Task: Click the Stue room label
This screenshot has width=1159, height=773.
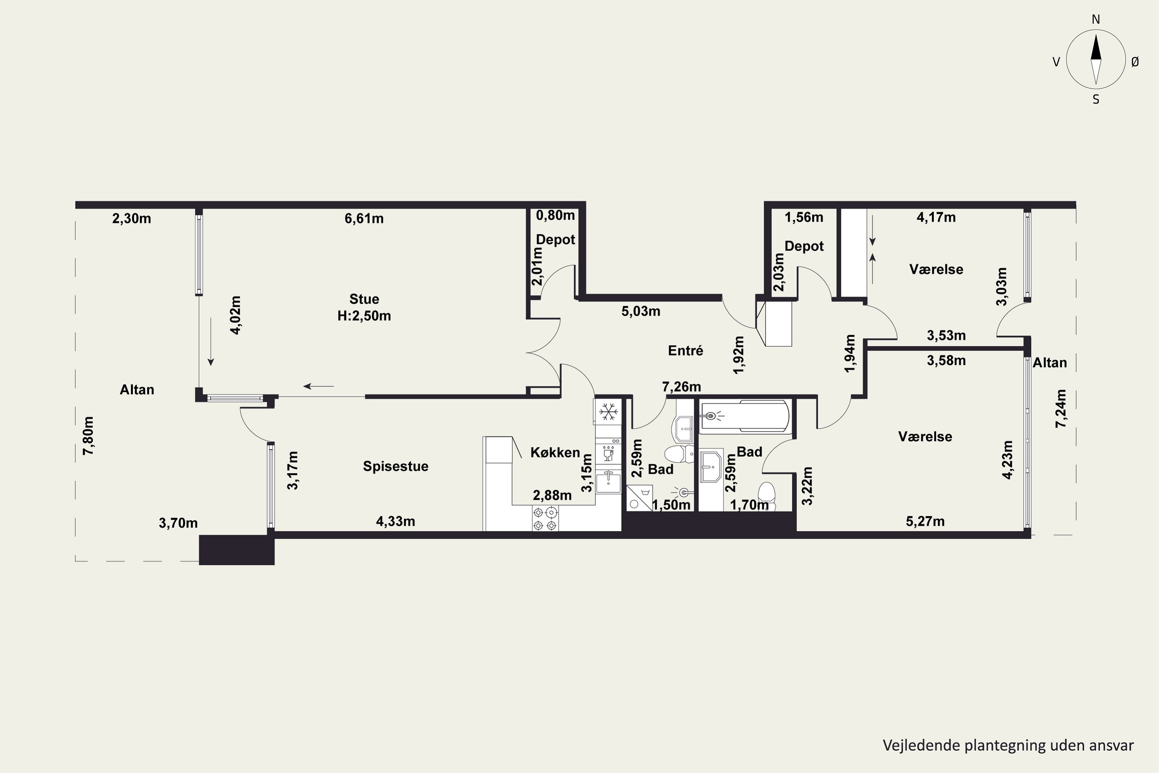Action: click(364, 299)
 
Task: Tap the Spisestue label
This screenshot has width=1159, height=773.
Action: click(396, 467)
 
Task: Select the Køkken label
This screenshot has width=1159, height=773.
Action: click(556, 453)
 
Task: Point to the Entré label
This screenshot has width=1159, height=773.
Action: click(685, 351)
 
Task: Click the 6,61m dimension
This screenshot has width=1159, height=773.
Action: click(364, 218)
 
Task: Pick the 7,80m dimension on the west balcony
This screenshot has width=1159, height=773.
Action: click(89, 436)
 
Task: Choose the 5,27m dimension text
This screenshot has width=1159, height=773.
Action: click(925, 521)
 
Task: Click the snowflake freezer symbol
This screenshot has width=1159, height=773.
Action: click(608, 412)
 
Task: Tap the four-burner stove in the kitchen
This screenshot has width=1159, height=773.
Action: click(545, 519)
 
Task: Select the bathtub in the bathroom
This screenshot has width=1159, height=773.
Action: click(744, 417)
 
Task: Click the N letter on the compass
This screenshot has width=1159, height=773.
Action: click(1096, 19)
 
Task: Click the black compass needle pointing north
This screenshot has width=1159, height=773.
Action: click(1096, 47)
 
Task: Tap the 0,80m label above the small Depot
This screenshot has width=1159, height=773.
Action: click(556, 215)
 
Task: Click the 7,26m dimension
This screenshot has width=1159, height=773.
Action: click(681, 386)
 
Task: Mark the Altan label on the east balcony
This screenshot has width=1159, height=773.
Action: click(1050, 363)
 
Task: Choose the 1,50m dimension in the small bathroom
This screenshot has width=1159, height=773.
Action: click(671, 505)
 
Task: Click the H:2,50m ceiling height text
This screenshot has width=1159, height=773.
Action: click(364, 316)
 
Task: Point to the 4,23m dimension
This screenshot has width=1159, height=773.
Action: click(1008, 460)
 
